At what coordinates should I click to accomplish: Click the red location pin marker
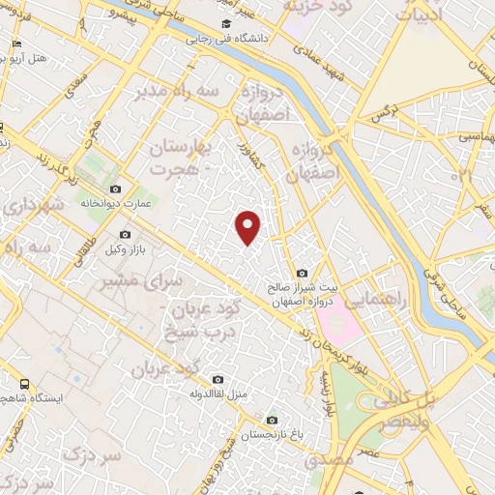(x=249, y=226)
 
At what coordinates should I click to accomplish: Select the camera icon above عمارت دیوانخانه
(x=116, y=189)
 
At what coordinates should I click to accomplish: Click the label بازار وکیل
(x=124, y=249)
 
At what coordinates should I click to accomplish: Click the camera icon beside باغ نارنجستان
(x=272, y=421)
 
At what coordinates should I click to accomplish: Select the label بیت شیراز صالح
(x=304, y=287)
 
